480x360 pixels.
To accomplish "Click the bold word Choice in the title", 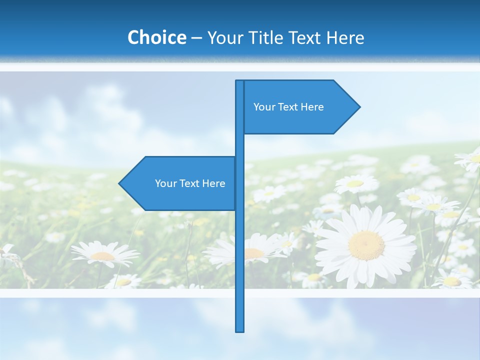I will [x=156, y=37].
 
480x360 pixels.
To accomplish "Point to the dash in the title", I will [x=196, y=38].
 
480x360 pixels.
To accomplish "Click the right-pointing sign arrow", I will [x=300, y=107].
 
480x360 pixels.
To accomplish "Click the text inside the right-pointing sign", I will [x=288, y=107].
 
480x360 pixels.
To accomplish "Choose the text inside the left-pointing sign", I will [x=190, y=183].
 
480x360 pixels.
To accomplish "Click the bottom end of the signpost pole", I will [x=240, y=330].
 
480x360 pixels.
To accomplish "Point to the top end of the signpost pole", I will [x=240, y=82].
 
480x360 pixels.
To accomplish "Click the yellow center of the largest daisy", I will [x=366, y=245].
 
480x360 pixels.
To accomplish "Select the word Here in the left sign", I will [x=213, y=183].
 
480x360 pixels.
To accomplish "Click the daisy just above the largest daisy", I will [x=356, y=184].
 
